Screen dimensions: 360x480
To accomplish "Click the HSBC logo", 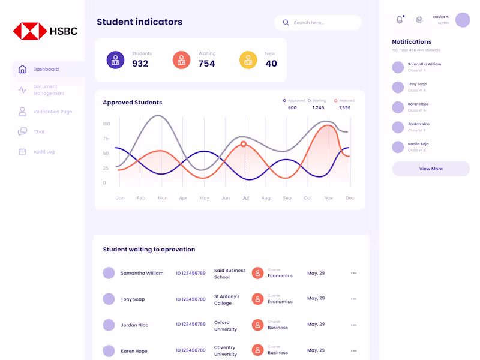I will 45,31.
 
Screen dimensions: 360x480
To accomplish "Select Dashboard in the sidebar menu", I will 46,69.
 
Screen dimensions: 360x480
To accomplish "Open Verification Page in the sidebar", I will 52,112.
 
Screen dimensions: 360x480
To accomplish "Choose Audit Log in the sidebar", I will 43,152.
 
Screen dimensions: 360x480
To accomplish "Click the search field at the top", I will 318,23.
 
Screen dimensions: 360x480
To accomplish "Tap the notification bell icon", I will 400,20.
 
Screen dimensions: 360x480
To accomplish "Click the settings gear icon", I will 419,20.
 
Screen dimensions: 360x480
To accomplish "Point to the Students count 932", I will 140,64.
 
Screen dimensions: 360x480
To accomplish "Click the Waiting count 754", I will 206,64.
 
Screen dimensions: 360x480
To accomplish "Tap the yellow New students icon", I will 248,60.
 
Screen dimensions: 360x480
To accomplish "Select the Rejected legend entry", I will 344,101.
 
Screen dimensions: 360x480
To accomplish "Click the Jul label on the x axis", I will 245,198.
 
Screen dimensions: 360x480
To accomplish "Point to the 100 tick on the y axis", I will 106,124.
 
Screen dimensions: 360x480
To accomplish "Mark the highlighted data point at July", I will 244,144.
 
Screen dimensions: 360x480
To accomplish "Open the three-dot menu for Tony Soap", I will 353,299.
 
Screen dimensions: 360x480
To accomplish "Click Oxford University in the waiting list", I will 226,326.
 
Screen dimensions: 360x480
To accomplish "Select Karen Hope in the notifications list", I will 418,104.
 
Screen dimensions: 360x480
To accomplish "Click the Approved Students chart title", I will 132,103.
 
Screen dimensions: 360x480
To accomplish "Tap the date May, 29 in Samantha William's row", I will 316,273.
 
